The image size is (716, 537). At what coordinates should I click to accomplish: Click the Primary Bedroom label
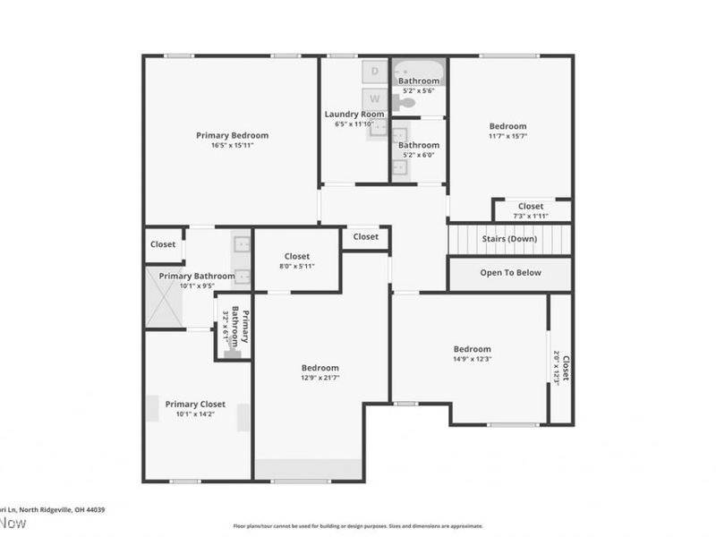(x=232, y=135)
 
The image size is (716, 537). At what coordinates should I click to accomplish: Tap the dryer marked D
(x=375, y=71)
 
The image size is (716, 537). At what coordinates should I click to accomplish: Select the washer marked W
(x=375, y=98)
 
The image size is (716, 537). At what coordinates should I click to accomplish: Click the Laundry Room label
(x=354, y=114)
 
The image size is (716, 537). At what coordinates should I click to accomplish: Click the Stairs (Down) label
(x=509, y=239)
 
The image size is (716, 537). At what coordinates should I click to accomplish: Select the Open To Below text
(x=510, y=273)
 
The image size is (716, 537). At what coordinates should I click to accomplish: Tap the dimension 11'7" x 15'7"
(x=507, y=137)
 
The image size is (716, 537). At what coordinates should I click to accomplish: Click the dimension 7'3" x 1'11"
(x=531, y=216)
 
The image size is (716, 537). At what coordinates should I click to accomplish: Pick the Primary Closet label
(x=195, y=404)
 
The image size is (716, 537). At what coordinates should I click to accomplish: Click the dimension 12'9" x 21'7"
(x=320, y=378)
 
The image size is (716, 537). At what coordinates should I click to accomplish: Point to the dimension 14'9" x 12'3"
(x=472, y=359)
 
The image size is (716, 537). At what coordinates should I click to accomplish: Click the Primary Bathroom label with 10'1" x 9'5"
(x=197, y=277)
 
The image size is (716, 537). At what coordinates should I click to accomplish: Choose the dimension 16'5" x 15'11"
(x=232, y=145)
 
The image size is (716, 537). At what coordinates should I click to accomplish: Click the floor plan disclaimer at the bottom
(x=358, y=526)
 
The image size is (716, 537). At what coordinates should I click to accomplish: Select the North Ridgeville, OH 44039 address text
(x=54, y=509)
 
